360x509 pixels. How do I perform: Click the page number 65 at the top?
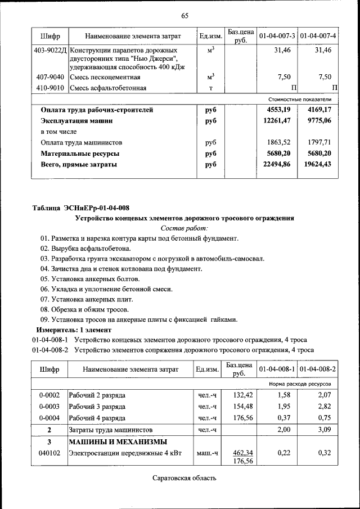184,15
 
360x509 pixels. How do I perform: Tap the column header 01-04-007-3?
277,37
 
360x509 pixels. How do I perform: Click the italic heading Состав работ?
184,228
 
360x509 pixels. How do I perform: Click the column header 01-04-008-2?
318,369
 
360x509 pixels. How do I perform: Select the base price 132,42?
240,395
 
